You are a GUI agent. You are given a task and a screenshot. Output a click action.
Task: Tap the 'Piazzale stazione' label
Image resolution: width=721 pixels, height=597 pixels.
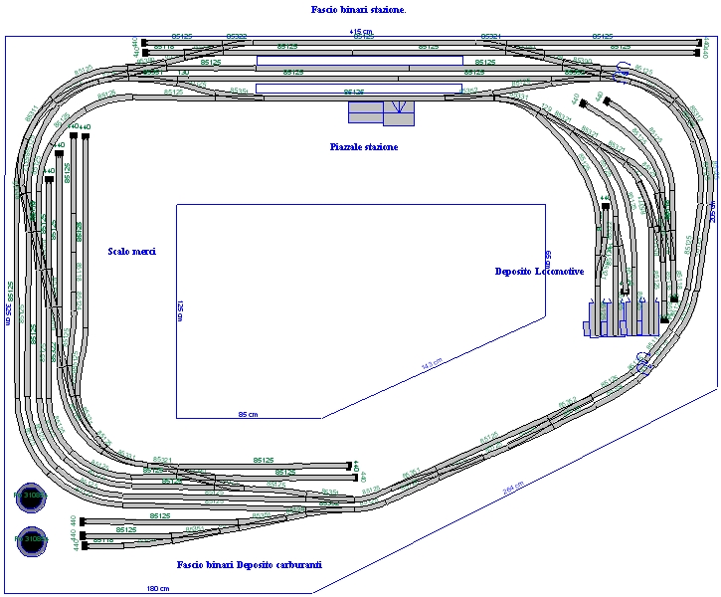364,147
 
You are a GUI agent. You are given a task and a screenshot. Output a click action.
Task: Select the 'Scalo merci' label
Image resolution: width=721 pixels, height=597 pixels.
132,252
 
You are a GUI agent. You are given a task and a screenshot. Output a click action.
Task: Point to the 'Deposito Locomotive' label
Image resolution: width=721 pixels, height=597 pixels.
539,272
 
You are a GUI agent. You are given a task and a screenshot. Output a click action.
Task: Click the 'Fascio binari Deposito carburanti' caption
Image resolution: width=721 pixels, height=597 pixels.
250,565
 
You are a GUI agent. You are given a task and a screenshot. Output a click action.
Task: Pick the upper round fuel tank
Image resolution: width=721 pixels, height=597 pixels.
31,495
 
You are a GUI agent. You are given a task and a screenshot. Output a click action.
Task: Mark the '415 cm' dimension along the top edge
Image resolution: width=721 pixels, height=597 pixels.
361,32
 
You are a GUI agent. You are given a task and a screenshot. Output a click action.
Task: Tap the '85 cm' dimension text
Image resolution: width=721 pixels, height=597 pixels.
248,414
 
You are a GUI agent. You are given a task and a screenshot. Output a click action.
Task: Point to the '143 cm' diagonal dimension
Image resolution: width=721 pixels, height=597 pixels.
432,365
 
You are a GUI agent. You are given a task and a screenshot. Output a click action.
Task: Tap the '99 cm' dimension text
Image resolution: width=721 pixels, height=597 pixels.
548,258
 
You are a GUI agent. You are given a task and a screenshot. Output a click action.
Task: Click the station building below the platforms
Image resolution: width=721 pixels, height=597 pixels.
381,112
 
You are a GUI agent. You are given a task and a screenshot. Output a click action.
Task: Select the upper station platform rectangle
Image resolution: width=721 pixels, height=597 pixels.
359,61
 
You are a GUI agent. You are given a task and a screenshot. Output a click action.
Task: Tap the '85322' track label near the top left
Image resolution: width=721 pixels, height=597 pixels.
237,36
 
